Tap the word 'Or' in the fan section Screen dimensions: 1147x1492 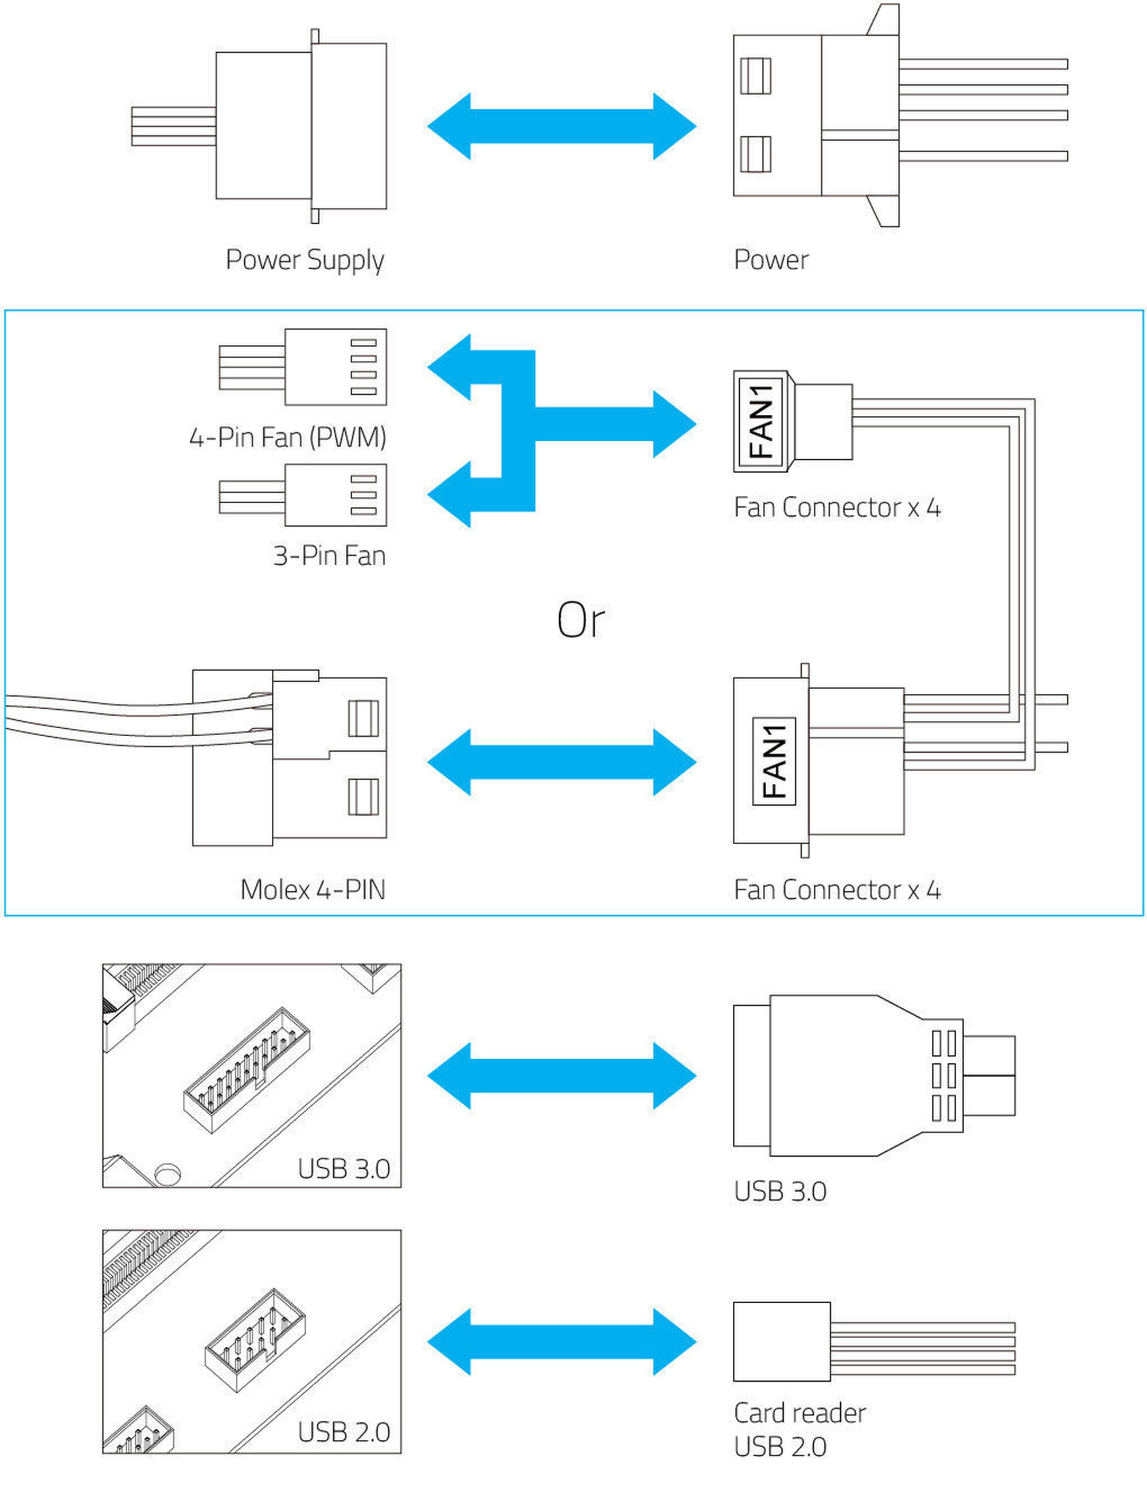[580, 620]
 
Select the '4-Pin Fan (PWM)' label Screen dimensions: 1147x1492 [288, 437]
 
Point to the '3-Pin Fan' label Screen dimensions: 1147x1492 [330, 555]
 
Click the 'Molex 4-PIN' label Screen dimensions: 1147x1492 [313, 889]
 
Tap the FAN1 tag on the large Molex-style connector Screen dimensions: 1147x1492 [774, 761]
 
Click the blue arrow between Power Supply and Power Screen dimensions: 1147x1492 [562, 126]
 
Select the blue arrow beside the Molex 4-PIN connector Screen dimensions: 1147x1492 [562, 761]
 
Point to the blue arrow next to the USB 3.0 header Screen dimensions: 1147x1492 [562, 1075]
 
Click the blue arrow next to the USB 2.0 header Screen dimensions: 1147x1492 [562, 1342]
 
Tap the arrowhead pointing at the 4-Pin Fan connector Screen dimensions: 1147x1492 [449, 367]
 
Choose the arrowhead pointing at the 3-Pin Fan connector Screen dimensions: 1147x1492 [449, 494]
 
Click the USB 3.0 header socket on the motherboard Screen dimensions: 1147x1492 [247, 1070]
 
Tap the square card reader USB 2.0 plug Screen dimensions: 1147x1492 [782, 1342]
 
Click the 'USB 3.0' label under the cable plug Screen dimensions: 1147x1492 [780, 1191]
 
